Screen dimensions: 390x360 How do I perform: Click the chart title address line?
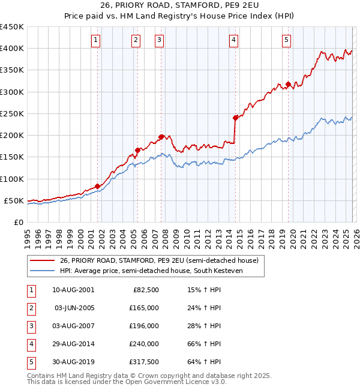tap(180, 7)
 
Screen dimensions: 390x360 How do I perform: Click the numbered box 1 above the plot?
tap(96, 40)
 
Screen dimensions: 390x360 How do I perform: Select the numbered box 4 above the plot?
tap(233, 40)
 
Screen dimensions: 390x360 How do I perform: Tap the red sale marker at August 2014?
tap(235, 118)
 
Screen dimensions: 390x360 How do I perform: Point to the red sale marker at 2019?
tap(289, 85)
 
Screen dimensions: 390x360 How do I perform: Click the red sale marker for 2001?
tap(97, 186)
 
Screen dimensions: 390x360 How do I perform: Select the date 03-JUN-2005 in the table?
tap(74, 308)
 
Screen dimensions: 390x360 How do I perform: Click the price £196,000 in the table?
tap(143, 326)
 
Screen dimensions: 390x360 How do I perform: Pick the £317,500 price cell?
tap(143, 362)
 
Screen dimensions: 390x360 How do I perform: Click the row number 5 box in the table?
tap(31, 362)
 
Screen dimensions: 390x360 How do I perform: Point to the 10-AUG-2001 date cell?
tap(74, 290)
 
